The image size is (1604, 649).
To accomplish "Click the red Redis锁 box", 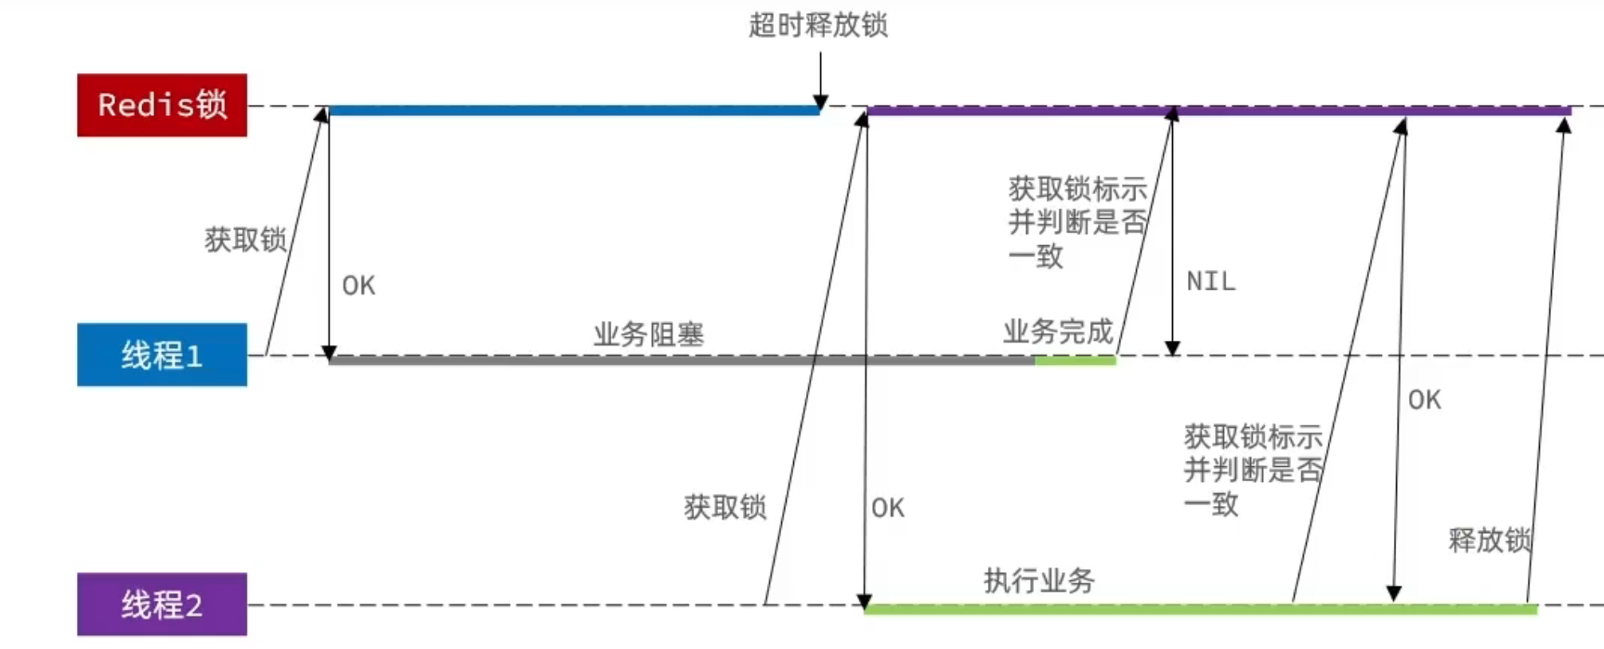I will coord(162,105).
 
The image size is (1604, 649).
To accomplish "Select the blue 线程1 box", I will coord(162,355).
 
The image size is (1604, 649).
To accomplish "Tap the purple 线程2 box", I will coord(162,604).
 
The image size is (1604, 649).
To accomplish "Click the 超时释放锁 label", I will coord(818,25).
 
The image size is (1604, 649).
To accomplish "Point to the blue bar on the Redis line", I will coord(574,110).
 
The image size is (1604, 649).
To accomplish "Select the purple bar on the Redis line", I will coord(1217,110).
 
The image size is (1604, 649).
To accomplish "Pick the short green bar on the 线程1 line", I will coord(1075,360).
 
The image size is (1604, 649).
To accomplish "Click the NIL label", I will coord(1211,281).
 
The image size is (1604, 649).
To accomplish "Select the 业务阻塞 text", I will coord(649,334).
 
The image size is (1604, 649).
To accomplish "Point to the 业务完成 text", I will coord(1058,331).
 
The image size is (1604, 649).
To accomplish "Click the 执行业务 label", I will coord(1039,581).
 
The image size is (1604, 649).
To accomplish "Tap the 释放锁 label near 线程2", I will coord(1489,540).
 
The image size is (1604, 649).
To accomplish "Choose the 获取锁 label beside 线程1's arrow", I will coord(245,240).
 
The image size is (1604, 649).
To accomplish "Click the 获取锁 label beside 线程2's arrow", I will coord(724,507).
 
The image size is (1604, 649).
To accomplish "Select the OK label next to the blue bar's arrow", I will coord(359,286).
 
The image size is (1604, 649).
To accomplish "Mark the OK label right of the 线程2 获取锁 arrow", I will coord(888,508).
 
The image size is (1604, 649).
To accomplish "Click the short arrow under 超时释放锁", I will coord(820,80).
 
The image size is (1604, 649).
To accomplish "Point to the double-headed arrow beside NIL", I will coord(1172,232).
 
